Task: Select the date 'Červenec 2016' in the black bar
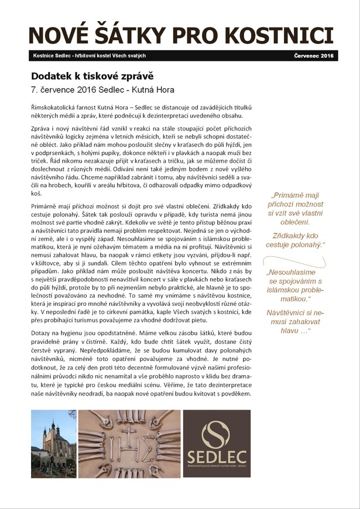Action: coord(313,56)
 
